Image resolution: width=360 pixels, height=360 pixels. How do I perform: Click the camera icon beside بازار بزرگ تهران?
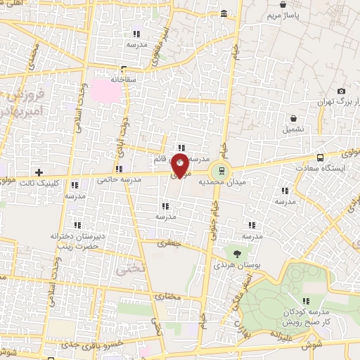click(341, 91)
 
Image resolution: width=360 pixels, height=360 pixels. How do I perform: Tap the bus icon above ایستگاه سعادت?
click(321, 157)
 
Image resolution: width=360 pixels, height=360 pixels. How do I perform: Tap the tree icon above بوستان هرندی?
click(236, 251)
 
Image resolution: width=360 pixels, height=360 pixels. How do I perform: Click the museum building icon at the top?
click(224, 14)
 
